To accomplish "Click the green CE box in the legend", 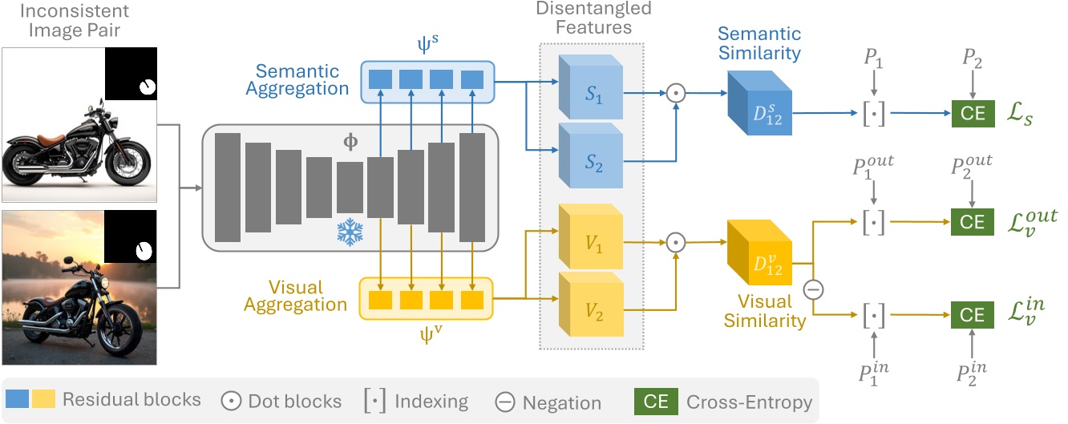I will point(656,402).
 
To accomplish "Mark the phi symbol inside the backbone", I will point(350,142).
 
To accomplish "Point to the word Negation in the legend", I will point(561,402).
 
